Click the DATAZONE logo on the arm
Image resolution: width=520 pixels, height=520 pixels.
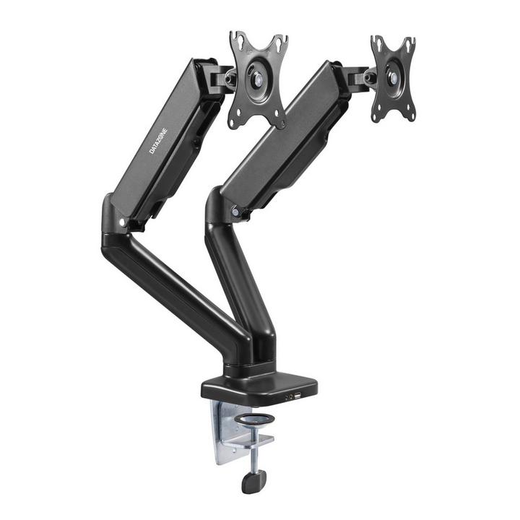tap(158, 141)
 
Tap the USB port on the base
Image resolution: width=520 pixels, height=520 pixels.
tap(297, 396)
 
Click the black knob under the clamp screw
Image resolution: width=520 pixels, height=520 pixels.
tap(253, 481)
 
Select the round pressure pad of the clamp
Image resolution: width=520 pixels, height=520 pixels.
tap(254, 420)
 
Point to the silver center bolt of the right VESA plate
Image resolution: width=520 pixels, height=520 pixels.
tap(394, 78)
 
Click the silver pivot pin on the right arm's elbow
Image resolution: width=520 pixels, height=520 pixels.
tap(235, 212)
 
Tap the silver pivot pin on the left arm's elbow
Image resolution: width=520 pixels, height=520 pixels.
tap(122, 222)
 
